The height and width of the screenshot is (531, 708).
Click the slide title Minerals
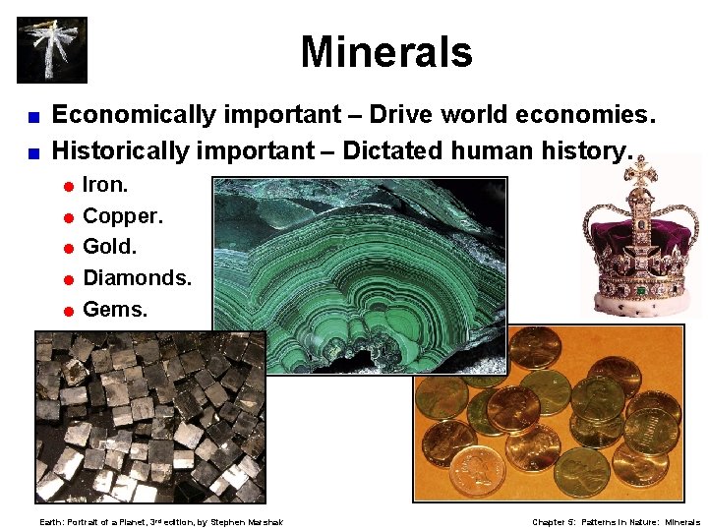tap(386, 52)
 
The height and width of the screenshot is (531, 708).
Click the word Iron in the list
tap(103, 185)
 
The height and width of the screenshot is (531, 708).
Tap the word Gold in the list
tap(108, 246)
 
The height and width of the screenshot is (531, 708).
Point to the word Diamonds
tap(136, 277)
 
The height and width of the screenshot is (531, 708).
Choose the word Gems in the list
tap(114, 309)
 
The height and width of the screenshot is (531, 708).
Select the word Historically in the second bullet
tap(124, 150)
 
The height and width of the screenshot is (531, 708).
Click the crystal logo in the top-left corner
tap(52, 49)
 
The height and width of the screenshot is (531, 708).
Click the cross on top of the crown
tap(642, 173)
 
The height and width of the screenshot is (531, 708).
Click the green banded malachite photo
tap(359, 275)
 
